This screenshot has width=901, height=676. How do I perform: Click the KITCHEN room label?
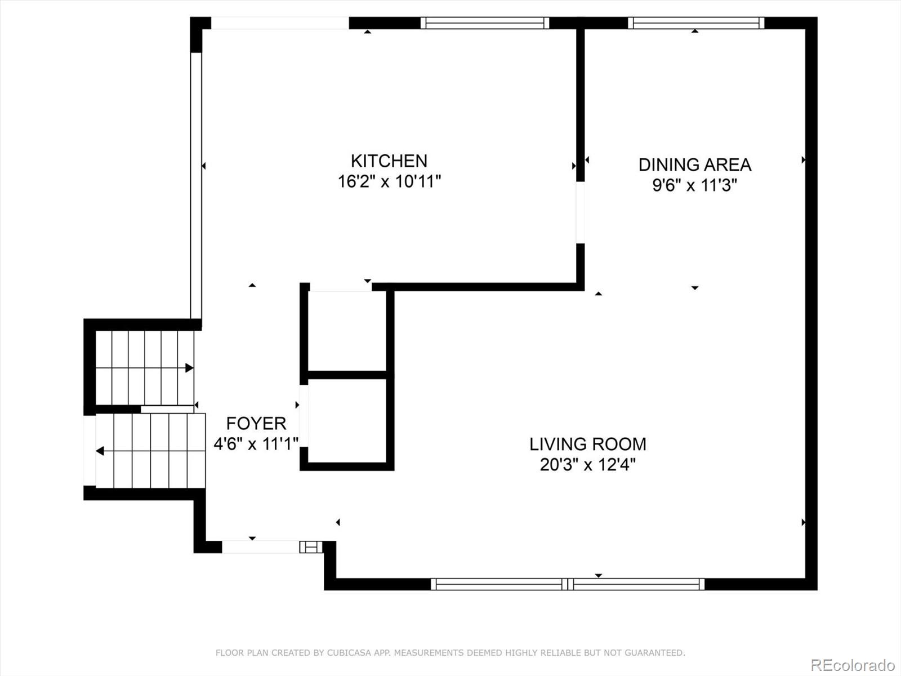click(x=389, y=161)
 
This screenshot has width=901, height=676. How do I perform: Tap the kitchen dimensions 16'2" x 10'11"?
click(x=389, y=182)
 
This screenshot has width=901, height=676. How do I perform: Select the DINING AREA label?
click(x=694, y=164)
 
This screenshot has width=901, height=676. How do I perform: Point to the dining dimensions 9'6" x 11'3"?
click(x=694, y=185)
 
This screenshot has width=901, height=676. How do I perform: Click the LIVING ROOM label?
click(x=587, y=444)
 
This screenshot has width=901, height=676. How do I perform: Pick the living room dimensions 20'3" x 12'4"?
click(x=587, y=465)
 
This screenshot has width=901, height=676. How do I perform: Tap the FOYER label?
click(x=256, y=423)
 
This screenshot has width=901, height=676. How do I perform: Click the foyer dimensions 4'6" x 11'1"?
click(x=256, y=444)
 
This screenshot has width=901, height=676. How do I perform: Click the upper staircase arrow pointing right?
click(x=189, y=368)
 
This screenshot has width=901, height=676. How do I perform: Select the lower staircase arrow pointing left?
click(x=100, y=451)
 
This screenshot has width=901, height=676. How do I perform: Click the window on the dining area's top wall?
click(x=696, y=23)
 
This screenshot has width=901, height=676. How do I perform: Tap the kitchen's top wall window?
click(x=484, y=23)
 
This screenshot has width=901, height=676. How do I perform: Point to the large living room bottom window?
click(x=568, y=584)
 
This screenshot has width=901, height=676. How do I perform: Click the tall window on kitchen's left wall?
click(x=196, y=186)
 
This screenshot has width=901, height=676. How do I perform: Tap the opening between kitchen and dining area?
click(x=580, y=212)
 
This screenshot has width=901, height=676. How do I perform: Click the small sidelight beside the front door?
click(x=311, y=547)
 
